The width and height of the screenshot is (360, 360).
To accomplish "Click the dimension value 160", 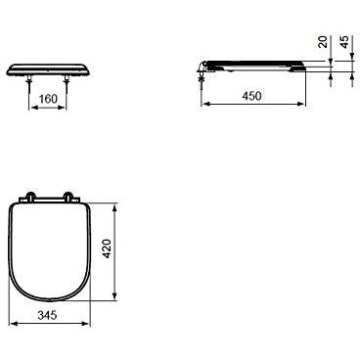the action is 48,99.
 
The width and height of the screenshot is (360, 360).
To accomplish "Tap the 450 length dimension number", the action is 251,96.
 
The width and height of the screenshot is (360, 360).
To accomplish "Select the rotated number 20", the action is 323,42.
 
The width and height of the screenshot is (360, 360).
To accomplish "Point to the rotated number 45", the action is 344,42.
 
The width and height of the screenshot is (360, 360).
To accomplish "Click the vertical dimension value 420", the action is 107,248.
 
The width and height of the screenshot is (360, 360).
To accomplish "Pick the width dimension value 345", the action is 47,315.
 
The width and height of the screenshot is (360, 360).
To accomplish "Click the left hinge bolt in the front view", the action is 29,83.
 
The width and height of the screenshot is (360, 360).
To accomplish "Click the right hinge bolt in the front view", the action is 67,83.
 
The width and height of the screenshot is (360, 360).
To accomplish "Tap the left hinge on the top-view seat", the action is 30,197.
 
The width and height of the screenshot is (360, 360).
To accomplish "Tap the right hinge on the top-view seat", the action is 68,197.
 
